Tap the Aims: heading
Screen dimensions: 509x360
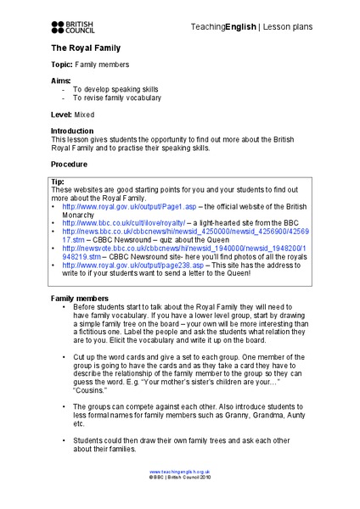point(61,80)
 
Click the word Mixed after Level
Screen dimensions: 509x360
point(86,113)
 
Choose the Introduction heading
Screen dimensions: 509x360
point(74,130)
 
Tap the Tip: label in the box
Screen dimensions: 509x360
point(58,182)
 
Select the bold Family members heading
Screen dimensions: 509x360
point(80,299)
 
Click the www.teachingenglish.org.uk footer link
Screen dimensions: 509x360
point(179,471)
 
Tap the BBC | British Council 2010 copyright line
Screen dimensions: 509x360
point(179,478)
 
